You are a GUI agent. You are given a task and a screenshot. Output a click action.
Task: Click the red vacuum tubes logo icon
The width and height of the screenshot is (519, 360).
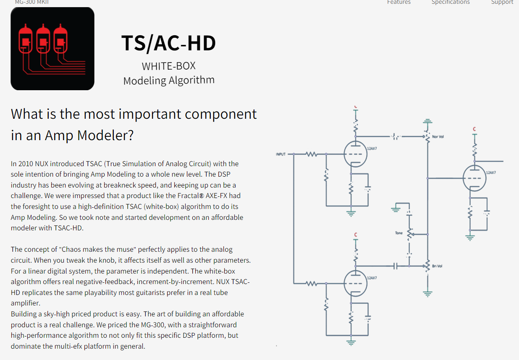[x=52, y=48]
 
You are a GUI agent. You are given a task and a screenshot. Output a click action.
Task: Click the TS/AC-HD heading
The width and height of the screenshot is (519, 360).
[x=168, y=43]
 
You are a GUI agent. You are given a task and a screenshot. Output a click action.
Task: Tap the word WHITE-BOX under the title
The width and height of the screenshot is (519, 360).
[x=168, y=66]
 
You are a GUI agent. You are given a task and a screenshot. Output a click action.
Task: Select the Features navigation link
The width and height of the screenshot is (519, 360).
[x=398, y=3]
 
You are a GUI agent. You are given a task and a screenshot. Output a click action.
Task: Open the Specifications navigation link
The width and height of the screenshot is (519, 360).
[x=451, y=3]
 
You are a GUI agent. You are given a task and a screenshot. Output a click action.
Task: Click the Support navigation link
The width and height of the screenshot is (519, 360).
[x=502, y=3]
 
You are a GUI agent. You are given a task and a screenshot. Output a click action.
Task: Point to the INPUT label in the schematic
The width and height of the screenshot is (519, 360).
[x=280, y=154]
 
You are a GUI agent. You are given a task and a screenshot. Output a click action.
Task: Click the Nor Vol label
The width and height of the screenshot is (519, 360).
[x=438, y=137]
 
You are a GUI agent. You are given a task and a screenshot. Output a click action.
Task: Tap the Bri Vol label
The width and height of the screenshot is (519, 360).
[x=437, y=266]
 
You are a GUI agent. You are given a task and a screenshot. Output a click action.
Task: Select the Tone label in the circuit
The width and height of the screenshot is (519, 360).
[x=398, y=233]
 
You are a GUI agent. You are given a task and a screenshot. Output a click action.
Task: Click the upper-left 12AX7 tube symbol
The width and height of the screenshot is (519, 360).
[x=355, y=154]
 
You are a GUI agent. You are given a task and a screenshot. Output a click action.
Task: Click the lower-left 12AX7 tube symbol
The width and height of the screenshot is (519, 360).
[x=355, y=283]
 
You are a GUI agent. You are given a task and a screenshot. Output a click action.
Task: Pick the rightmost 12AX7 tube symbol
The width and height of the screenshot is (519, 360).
[x=474, y=178]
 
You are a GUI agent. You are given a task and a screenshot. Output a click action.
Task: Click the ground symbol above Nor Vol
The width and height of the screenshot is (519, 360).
[x=427, y=122]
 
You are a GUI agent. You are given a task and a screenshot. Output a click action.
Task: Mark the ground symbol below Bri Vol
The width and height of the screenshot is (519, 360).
[x=427, y=293]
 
